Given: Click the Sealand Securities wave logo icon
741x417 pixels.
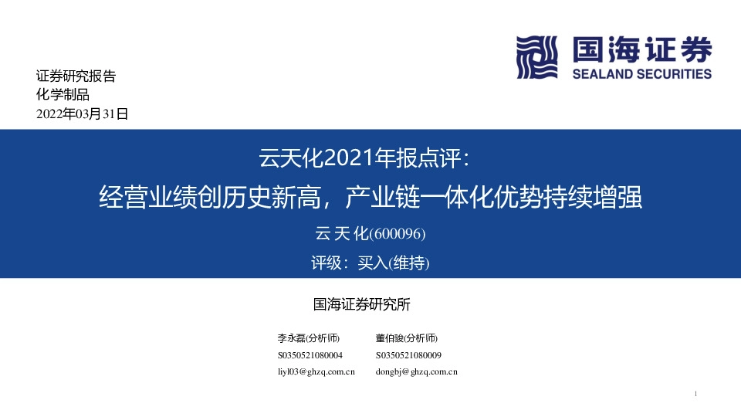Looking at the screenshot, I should pyautogui.click(x=536, y=57).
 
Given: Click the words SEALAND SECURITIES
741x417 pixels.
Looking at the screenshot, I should pyautogui.click(x=641, y=74).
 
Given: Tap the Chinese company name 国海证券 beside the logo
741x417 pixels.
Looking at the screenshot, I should pyautogui.click(x=641, y=50).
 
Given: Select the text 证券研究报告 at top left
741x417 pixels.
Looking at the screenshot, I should pyautogui.click(x=76, y=76).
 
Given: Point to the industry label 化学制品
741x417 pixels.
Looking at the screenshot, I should pyautogui.click(x=63, y=95).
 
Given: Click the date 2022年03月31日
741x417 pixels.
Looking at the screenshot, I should pyautogui.click(x=82, y=114).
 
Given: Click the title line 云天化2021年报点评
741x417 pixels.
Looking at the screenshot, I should pyautogui.click(x=370, y=160).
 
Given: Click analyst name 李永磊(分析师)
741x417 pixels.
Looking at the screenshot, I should pyautogui.click(x=309, y=338).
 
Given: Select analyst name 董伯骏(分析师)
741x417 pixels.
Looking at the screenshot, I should pyautogui.click(x=407, y=338).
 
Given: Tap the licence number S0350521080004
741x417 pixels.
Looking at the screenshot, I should pyautogui.click(x=310, y=355).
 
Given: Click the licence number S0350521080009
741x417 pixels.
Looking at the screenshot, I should pyautogui.click(x=408, y=355).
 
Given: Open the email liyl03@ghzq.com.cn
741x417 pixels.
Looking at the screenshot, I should pyautogui.click(x=316, y=372).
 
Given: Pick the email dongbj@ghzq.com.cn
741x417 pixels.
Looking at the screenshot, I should pyautogui.click(x=417, y=372).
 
